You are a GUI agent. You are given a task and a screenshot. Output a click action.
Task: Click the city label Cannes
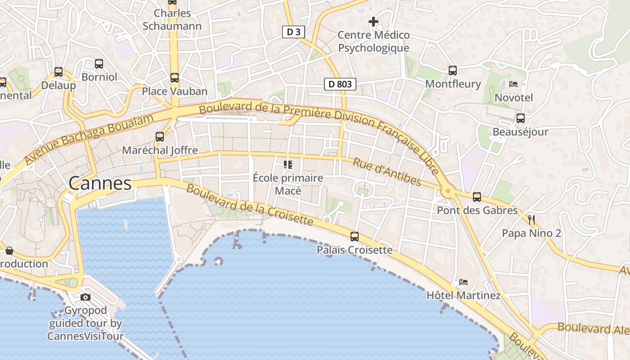coord(100,184)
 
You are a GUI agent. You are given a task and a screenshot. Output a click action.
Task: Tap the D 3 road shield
coord(294,32)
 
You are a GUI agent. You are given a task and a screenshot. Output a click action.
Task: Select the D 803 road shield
coord(340,84)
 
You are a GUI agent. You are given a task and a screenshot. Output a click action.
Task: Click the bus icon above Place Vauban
coord(175,78)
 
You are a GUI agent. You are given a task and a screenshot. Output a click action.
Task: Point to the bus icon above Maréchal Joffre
coord(160,136)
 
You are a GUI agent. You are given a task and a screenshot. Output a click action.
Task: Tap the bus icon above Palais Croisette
coord(355,236)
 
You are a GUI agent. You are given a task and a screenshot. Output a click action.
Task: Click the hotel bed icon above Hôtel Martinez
coord(463,282)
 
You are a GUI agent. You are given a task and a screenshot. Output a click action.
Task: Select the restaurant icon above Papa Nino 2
coord(531,220)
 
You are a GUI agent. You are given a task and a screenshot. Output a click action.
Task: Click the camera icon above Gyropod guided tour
coord(85,297)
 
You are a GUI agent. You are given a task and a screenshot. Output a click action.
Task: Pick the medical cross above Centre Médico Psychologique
coord(373,21)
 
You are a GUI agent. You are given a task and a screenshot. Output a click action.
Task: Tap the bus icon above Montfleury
coord(453,71)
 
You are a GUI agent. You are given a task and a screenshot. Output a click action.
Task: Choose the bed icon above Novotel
coord(513,84)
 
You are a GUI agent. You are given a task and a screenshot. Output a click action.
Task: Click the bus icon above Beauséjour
coord(521,118)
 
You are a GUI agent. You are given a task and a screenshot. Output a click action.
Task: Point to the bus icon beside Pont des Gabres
coord(477,197)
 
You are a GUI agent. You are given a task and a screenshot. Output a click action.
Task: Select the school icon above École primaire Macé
coord(288,165)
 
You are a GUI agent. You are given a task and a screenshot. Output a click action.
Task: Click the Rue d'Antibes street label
coord(387,172)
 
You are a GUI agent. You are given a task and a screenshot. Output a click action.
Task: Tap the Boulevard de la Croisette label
coord(249,205)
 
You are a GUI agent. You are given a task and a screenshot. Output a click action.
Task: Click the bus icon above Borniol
coord(99,64)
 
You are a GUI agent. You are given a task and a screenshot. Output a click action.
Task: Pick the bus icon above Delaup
coord(58,72)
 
